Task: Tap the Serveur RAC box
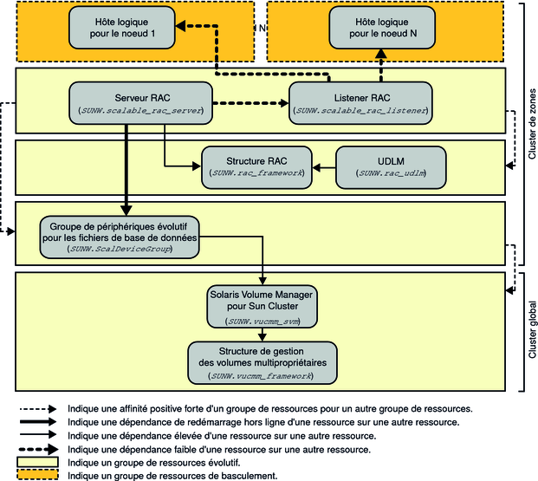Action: click(x=140, y=101)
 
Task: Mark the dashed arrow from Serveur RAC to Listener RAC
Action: click(x=251, y=106)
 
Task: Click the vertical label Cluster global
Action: click(x=529, y=329)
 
